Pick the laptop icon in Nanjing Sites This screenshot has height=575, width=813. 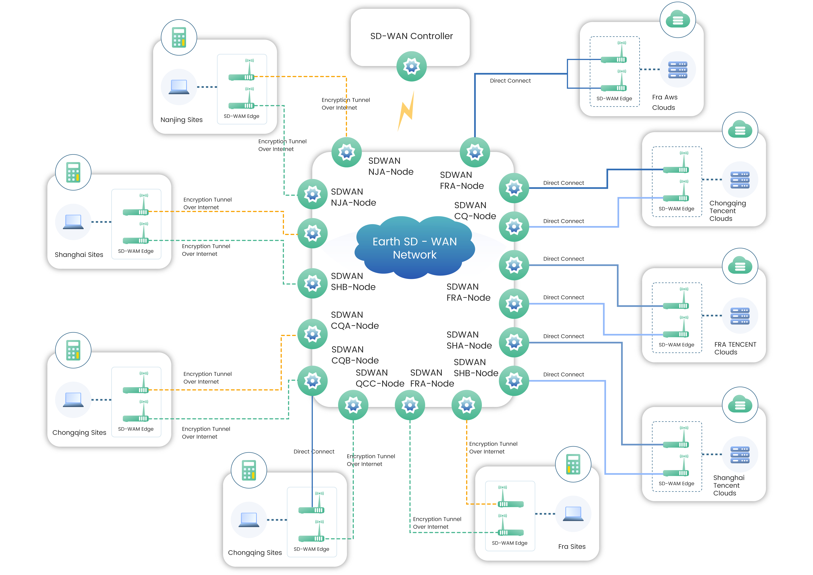(179, 87)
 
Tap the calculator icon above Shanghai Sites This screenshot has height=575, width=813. (73, 172)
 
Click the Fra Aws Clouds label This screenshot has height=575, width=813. (665, 102)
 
